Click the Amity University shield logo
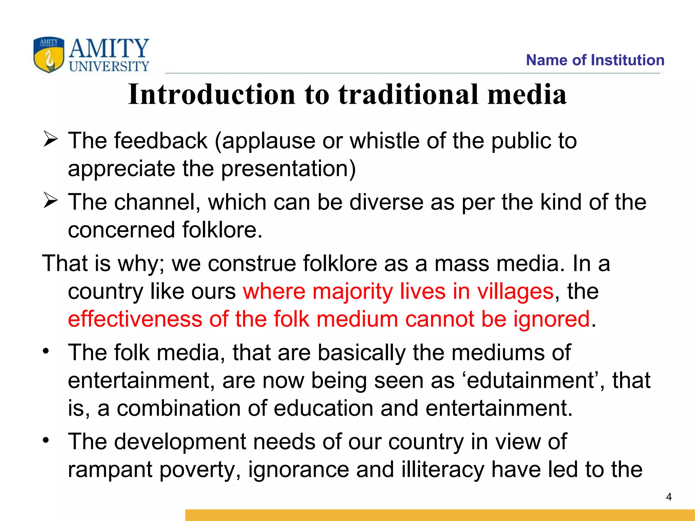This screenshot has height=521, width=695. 49,55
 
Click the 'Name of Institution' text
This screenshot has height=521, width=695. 595,60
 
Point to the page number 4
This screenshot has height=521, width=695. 669,497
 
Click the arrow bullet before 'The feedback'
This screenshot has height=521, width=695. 50,140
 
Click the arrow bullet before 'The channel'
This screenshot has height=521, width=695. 50,201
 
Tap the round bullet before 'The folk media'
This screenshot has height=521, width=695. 46,351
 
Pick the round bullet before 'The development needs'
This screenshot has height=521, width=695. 46,440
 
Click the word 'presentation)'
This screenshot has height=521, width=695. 288,169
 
